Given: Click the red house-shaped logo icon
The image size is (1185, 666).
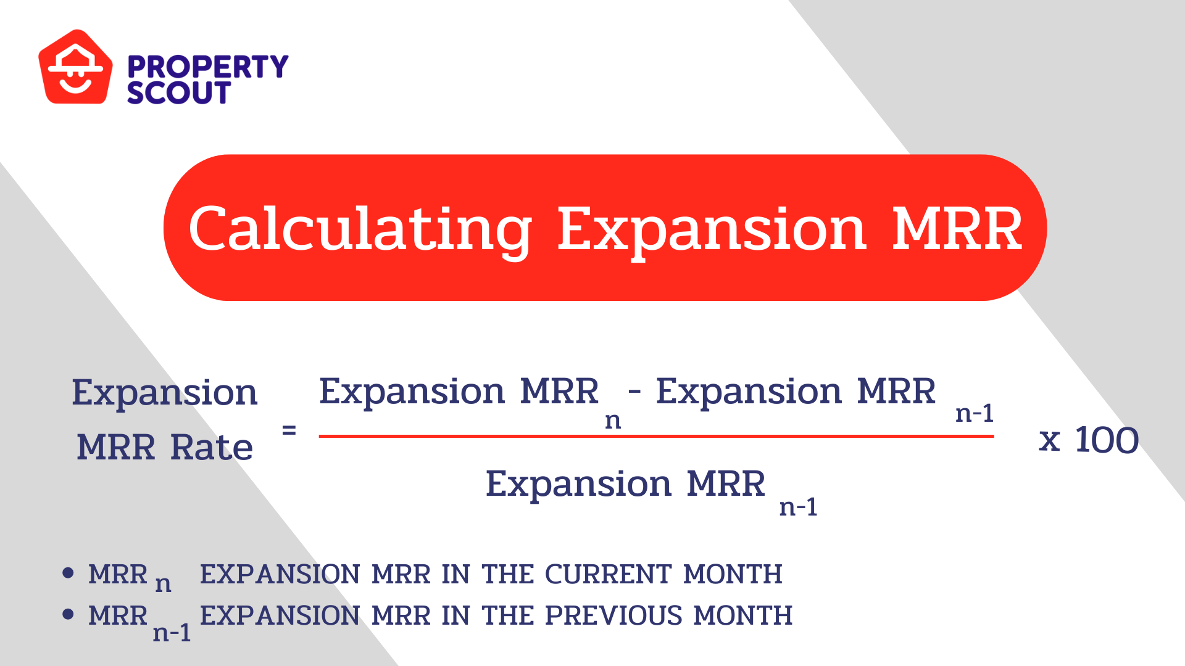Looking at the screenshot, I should click(x=75, y=68).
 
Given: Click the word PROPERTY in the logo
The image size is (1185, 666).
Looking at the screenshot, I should click(x=207, y=67).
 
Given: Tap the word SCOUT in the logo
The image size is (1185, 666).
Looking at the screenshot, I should click(x=178, y=93).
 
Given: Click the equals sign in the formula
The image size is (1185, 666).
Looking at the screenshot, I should click(x=289, y=430).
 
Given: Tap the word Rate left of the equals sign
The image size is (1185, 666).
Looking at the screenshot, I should click(x=212, y=447).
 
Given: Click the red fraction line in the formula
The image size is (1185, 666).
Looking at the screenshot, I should click(x=655, y=436).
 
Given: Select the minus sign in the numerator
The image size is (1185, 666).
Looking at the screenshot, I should click(x=634, y=390).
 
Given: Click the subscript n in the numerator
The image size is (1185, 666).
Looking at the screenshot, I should click(x=612, y=421).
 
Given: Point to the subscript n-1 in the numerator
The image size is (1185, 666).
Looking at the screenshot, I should click(x=974, y=413).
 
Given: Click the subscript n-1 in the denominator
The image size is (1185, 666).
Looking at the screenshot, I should click(x=798, y=507).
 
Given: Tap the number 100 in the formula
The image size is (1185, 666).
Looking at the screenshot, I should click(x=1107, y=440).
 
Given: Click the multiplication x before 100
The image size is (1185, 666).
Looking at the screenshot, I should click(x=1049, y=440).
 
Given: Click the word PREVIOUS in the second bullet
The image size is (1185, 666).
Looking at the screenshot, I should click(x=613, y=615).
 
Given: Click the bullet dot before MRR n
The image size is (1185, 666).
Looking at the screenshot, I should click(x=69, y=573).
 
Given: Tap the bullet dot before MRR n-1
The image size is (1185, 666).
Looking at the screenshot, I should click(x=69, y=614).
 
